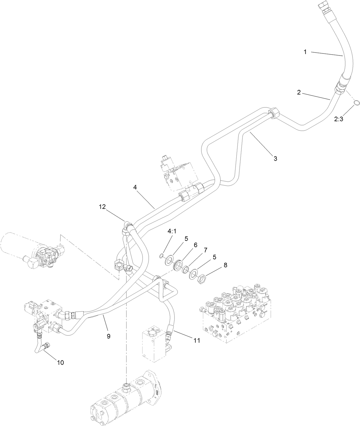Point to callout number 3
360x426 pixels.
coord(275,158)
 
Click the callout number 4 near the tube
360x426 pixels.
coord(135,187)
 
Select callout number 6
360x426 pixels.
coord(196,245)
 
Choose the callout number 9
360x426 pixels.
coord(108,336)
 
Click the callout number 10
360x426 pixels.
coord(60,363)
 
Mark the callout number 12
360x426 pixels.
coord(102,206)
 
